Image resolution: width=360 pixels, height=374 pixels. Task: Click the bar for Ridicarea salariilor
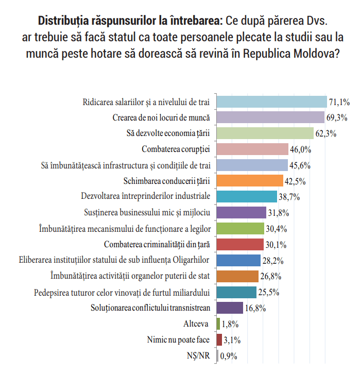pyautogui.click(x=272, y=102)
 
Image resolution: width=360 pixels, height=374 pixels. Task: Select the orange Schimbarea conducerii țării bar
pyautogui.click(x=250, y=180)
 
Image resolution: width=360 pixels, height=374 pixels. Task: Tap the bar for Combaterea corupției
pyautogui.click(x=252, y=149)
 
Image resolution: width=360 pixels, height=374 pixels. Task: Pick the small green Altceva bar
pyautogui.click(x=218, y=324)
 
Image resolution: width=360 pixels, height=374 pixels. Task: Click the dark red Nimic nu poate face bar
pyautogui.click(x=219, y=339)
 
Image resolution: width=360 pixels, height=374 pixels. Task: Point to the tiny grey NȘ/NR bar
pyautogui.click(x=217, y=355)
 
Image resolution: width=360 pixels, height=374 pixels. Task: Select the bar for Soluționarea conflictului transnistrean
pyautogui.click(x=230, y=308)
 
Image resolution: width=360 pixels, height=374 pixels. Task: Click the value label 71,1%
pyautogui.click(x=339, y=102)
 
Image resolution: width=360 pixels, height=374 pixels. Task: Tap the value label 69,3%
pyautogui.click(x=337, y=117)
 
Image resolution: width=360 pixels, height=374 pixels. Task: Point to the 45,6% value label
pyautogui.click(x=300, y=165)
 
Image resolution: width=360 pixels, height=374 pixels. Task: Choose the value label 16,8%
pyautogui.click(x=255, y=308)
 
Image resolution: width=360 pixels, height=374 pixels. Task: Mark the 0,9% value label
pyautogui.click(x=229, y=356)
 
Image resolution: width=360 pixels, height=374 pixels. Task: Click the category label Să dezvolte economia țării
pyautogui.click(x=168, y=133)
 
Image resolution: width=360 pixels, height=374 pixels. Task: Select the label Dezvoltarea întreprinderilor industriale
pyautogui.click(x=145, y=196)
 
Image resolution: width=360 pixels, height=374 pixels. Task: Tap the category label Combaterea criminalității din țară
pyautogui.click(x=157, y=245)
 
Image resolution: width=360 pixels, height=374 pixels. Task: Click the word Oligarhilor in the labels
pyautogui.click(x=191, y=260)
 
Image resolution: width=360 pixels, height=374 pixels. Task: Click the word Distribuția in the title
pyautogui.click(x=63, y=21)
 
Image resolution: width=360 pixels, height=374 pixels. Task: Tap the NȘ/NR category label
pyautogui.click(x=198, y=355)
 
